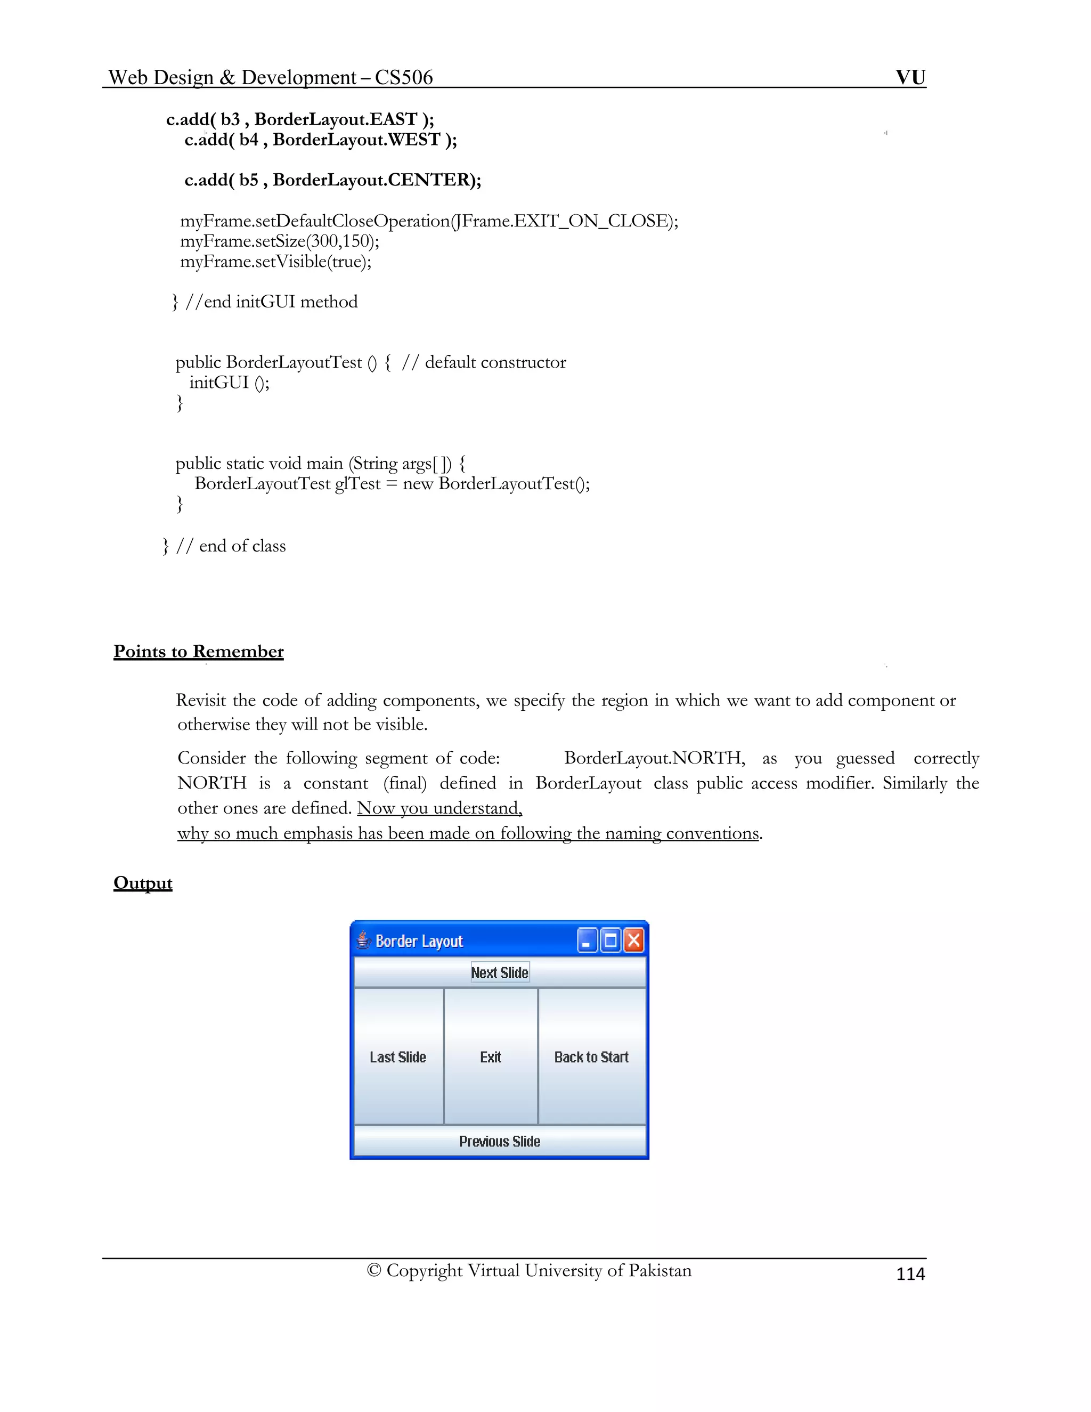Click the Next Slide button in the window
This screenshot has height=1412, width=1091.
coord(500,972)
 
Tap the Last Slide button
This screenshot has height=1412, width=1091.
coord(398,1057)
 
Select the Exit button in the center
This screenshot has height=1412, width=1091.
coord(491,1057)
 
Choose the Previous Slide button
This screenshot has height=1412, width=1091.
coord(500,1142)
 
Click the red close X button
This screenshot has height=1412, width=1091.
coord(634,940)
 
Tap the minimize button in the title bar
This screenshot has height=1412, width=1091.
coord(587,940)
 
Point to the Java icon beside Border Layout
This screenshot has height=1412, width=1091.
coord(363,940)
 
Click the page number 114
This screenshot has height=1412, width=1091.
coord(910,1273)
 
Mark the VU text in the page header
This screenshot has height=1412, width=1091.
coord(910,78)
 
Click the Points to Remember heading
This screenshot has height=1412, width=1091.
coord(198,651)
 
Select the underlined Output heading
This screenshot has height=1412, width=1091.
coord(143,883)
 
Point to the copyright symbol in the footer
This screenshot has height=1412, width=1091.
coord(373,1270)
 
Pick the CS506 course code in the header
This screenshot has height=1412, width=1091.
coord(403,78)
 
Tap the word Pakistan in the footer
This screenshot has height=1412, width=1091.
coord(660,1270)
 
